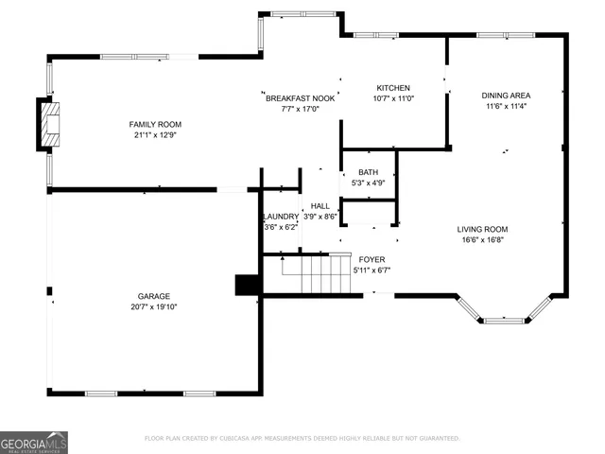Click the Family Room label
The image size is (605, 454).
coord(155,124)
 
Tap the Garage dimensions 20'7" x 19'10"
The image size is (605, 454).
coord(155,306)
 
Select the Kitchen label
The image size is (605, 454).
coord(392,88)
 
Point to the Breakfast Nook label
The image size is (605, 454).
coord(300,98)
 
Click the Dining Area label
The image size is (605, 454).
coord(506,96)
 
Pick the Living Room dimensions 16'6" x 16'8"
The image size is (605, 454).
coord(483,239)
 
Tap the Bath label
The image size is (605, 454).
coord(368,172)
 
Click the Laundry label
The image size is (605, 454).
coord(281,217)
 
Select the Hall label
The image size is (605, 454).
coord(320,205)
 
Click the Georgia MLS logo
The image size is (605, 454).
coord(34,442)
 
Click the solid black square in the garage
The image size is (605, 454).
coord(247,285)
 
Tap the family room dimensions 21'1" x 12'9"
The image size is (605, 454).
coord(155,135)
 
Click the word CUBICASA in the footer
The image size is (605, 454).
coord(242,439)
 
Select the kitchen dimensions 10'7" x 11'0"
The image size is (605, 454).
coord(392,98)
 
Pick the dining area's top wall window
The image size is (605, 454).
coord(506,35)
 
